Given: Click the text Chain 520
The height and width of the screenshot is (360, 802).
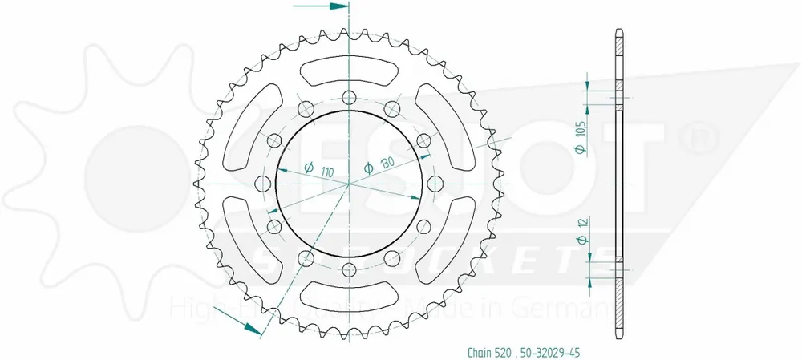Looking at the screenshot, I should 488,351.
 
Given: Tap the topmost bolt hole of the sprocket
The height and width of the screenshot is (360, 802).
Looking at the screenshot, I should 349,98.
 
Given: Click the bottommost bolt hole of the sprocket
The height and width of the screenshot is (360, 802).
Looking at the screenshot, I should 349,272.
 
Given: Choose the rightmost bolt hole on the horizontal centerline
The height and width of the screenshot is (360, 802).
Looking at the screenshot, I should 436,184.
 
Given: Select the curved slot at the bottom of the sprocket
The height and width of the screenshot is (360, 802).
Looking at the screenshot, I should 349,299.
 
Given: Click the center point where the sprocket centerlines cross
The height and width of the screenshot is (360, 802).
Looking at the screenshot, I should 349,184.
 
